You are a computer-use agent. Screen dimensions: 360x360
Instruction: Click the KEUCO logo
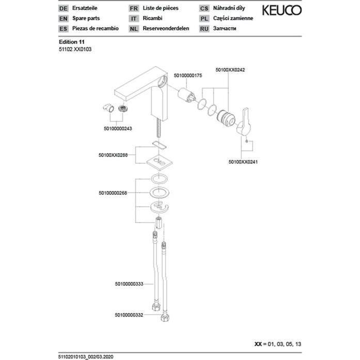pos(281,10)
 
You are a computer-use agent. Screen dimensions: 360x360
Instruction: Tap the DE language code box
pos(64,8)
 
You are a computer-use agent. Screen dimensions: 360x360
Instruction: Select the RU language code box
pos(204,29)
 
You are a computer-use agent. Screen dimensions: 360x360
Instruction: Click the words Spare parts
pos(86,19)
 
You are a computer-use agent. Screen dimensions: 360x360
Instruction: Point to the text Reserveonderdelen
pos(166,28)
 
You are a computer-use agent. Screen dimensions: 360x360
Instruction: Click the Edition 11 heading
pos(72,42)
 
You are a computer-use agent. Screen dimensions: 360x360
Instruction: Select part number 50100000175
pos(188,75)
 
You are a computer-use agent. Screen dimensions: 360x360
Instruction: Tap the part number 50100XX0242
pos(230,70)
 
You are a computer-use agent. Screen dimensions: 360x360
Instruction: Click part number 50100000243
pos(118,129)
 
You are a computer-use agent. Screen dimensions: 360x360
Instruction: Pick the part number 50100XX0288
pos(113,155)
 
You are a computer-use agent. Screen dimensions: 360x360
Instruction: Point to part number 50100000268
pos(113,193)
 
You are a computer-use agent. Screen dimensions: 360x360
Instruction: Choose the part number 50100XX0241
pos(243,162)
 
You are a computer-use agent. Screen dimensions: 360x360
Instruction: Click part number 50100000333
pos(129,284)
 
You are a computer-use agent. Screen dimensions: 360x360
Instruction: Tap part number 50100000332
pos(129,315)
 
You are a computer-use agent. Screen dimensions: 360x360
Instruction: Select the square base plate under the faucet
pos(160,162)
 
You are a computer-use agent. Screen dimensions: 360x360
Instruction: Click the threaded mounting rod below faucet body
pos(158,128)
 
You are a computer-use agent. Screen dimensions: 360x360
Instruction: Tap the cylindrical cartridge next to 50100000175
pos(186,95)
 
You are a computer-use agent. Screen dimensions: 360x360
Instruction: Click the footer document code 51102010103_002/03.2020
pos(86,357)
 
